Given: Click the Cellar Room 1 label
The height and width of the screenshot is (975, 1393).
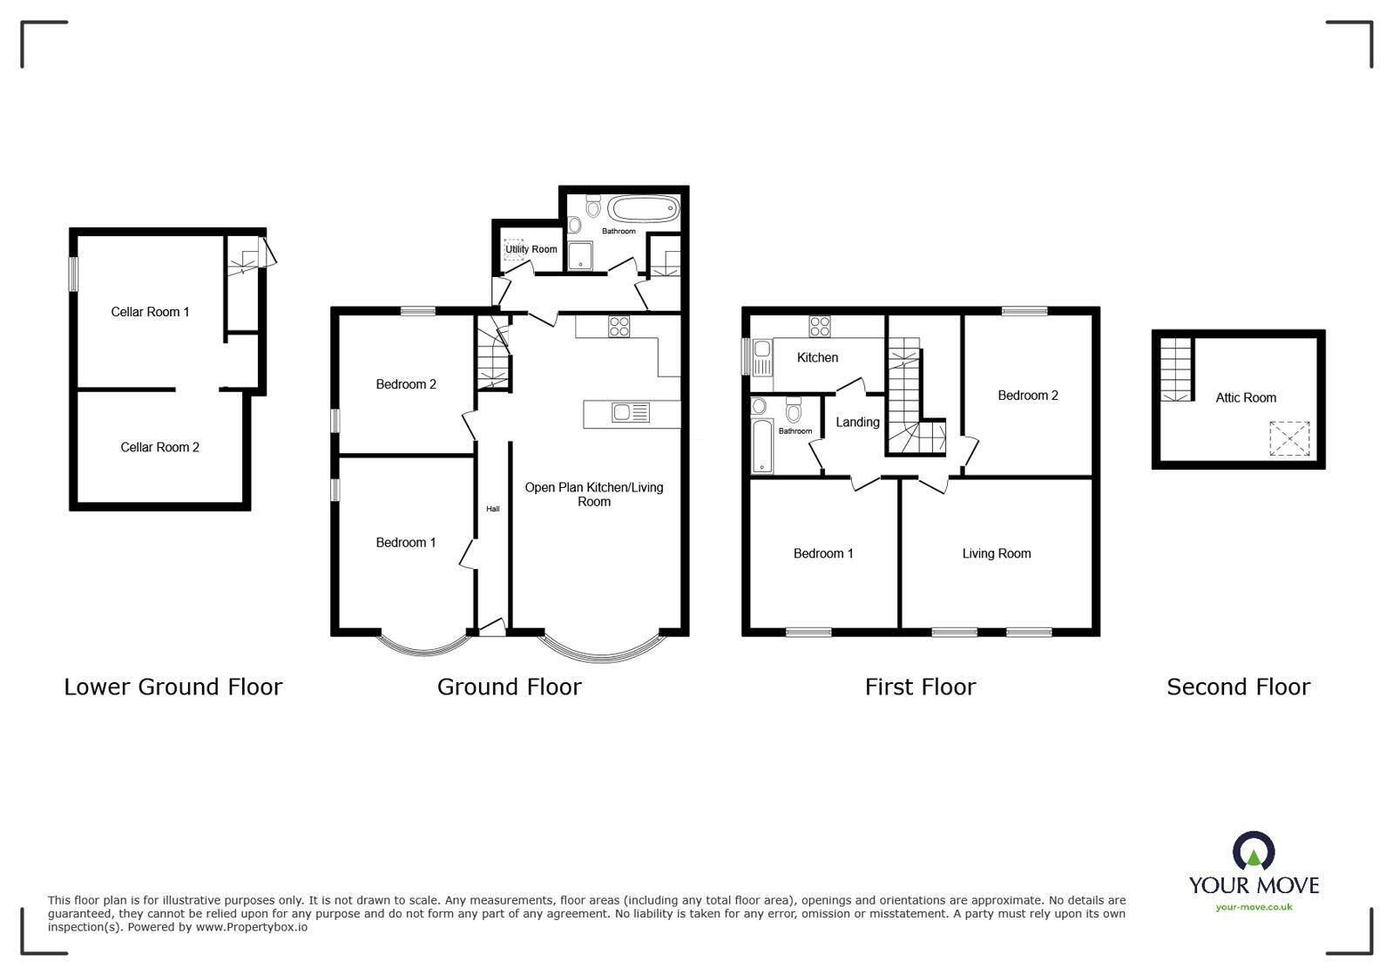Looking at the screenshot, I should (x=150, y=312).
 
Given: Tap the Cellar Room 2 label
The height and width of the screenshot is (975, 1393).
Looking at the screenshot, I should (x=159, y=448).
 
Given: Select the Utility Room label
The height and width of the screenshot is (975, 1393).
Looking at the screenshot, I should (x=531, y=249).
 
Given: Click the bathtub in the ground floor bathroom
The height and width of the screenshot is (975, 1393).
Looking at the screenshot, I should (x=643, y=209).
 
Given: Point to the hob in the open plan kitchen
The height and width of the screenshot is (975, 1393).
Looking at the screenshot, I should (x=619, y=327).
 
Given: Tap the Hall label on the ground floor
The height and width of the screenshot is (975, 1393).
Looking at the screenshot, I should (x=492, y=509).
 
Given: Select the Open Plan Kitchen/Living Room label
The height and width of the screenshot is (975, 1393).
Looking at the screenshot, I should (x=594, y=494).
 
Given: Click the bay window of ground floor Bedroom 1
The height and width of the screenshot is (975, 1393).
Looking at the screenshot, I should (x=423, y=646).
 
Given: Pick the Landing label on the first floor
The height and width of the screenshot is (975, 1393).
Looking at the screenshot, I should (x=857, y=423).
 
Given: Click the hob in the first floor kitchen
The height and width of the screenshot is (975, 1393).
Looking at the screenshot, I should (x=820, y=327).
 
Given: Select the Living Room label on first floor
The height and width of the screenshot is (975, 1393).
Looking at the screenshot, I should (x=996, y=554).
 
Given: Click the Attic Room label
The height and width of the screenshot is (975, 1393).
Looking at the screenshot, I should (x=1246, y=398).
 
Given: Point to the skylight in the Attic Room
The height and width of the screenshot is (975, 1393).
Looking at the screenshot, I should (x=1289, y=438).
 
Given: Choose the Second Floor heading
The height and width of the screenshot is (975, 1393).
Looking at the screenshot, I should (x=1238, y=687).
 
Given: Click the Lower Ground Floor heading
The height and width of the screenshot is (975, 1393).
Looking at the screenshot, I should (x=173, y=687).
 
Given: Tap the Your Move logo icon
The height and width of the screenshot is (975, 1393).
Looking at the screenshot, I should (x=1254, y=851).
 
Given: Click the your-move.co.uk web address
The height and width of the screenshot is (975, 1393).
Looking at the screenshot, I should (x=1254, y=907).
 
